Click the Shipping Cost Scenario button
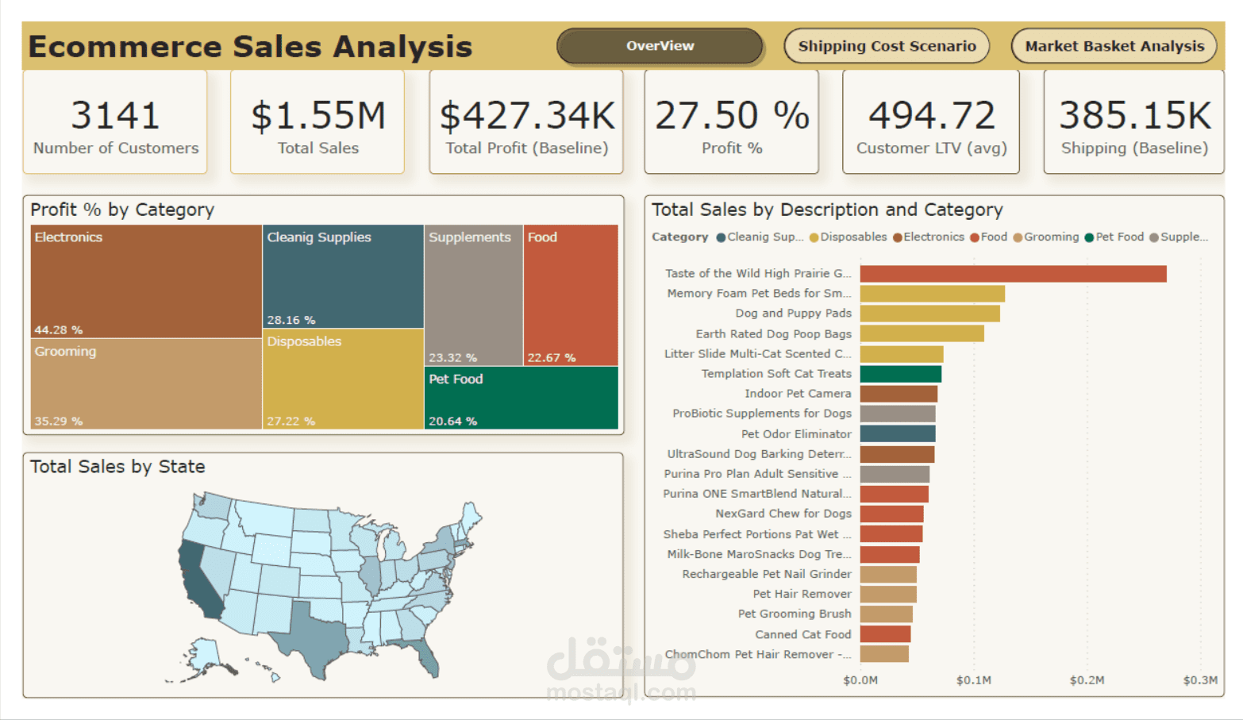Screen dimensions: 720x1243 [x=887, y=46]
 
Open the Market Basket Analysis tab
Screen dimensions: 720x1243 [x=1114, y=46]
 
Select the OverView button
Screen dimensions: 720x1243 [x=660, y=46]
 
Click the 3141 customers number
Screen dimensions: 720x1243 [x=116, y=115]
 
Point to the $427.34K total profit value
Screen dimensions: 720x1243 [x=527, y=116]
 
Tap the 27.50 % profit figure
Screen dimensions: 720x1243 [x=732, y=116]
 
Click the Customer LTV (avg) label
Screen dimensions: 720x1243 [x=931, y=148]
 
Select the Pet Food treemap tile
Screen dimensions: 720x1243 [x=521, y=397]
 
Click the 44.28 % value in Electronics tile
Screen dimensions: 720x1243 [x=59, y=329]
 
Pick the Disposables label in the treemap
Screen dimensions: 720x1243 [x=304, y=341]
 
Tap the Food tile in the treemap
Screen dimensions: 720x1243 [x=571, y=294]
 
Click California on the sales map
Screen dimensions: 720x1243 [x=198, y=579]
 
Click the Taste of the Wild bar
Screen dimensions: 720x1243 [x=1013, y=274]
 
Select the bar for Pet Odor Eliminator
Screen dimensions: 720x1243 [x=898, y=433]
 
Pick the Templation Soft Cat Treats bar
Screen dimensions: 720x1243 [x=901, y=374]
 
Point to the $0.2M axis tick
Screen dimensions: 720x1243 [x=1087, y=680]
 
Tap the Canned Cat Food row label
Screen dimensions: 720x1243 [x=802, y=634]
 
